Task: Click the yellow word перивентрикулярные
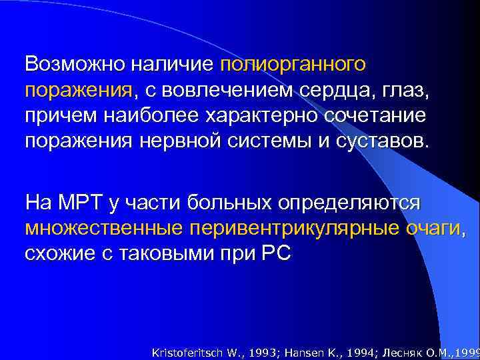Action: tap(296, 228)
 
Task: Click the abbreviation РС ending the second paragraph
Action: tap(278, 253)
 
